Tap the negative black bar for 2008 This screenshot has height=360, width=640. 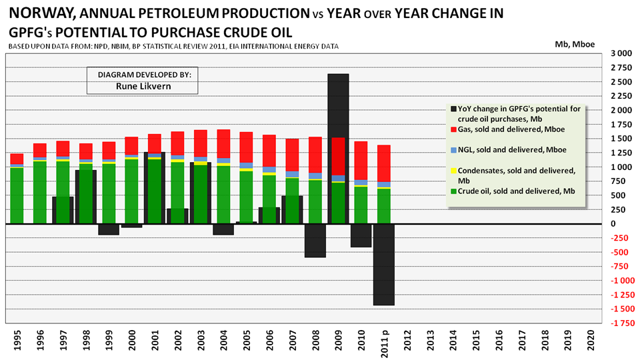coord(315,241)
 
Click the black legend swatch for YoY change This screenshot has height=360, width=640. coord(454,109)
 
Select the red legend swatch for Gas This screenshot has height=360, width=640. coord(454,129)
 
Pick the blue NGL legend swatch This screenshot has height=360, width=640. coord(454,150)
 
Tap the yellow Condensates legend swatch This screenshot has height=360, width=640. coord(454,171)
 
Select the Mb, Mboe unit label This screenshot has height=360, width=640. coord(575,44)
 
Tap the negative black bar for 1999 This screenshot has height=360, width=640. coord(109,229)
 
